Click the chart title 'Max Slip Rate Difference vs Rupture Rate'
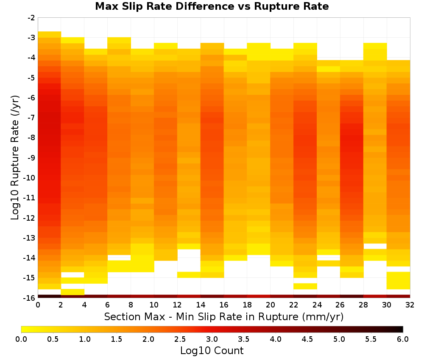click(212, 6)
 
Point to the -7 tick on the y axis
click(31, 118)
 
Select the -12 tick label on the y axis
click(30, 218)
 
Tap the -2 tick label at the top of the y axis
click(31, 18)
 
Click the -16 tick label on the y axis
click(30, 298)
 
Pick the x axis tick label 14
click(201, 305)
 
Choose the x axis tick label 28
click(363, 305)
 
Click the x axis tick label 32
click(410, 305)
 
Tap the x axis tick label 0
click(38, 305)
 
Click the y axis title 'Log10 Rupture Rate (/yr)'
click(15, 158)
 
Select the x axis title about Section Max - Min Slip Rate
click(224, 316)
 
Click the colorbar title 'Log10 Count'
click(212, 351)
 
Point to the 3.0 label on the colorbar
click(212, 339)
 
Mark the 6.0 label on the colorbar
click(403, 339)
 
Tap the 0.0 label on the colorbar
click(21, 339)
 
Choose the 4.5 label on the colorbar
click(307, 339)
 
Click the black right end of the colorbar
click(402, 329)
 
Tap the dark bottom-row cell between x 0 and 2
click(50, 296)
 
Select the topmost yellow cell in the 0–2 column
click(50, 34)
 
